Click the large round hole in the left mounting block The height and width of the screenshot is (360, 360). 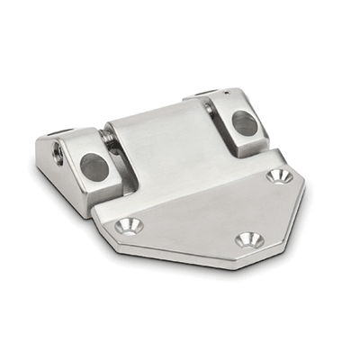(93, 165)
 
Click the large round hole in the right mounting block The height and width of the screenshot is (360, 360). (245, 121)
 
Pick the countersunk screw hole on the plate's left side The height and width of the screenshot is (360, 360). (130, 226)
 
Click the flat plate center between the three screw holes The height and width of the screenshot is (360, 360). (211, 211)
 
